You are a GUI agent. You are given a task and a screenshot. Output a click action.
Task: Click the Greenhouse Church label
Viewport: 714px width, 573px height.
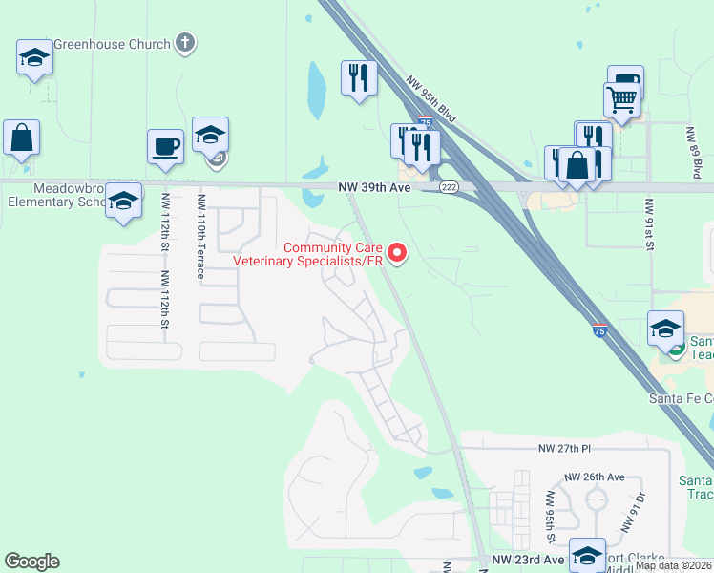112,44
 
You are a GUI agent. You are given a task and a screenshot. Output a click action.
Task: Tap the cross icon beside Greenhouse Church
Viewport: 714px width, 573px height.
186,43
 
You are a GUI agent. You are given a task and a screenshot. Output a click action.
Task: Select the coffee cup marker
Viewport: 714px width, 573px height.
165,146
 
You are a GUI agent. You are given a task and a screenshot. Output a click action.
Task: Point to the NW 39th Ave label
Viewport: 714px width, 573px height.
374,188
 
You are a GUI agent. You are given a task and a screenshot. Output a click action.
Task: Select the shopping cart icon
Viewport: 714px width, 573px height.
621,97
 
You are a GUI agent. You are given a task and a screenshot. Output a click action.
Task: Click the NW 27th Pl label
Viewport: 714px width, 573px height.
565,448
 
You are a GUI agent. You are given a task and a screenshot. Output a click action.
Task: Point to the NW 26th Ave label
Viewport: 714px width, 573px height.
594,477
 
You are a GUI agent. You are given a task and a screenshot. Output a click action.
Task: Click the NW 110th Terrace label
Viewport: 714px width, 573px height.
200,236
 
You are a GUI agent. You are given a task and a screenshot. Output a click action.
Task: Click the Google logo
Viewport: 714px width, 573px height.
31,562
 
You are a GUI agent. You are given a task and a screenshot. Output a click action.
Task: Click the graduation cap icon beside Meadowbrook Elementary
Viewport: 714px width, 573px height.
123,201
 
